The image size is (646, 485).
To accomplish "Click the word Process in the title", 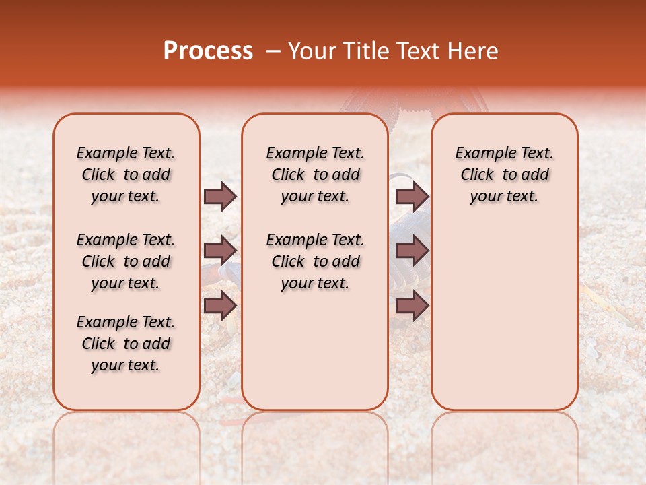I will [208, 51].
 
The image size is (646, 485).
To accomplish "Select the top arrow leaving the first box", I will [220, 196].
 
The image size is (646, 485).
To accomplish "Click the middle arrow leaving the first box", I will [220, 251].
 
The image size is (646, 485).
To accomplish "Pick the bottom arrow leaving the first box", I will [220, 306].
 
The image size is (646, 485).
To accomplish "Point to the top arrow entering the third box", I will [412, 196].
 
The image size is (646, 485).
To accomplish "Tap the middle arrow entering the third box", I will [412, 251].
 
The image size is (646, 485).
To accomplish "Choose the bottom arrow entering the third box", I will [412, 306].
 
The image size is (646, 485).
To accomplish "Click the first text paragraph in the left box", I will [126, 174].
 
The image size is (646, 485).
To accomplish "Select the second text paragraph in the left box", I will [126, 261].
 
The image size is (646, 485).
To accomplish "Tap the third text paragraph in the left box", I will [126, 344].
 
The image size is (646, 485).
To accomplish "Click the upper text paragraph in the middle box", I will [315, 174].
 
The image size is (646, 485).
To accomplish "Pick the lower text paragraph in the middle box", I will [315, 261].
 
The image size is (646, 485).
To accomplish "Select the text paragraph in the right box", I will [504, 174].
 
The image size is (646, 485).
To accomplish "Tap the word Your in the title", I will [310, 51].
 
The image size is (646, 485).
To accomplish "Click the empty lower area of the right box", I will [504, 323].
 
